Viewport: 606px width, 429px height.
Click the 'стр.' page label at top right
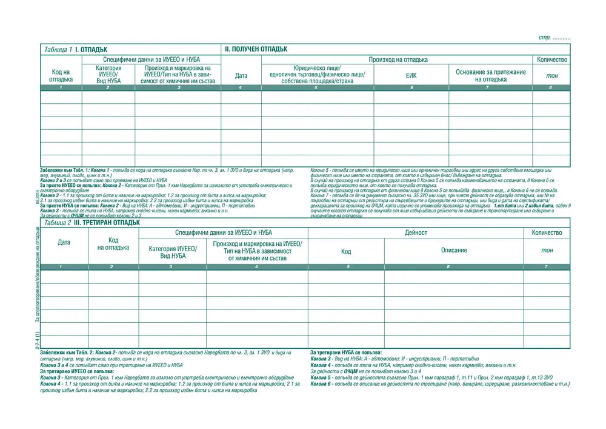click(545, 38)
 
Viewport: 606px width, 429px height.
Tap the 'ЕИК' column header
click(411, 76)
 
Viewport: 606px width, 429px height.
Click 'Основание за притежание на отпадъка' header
click(490, 76)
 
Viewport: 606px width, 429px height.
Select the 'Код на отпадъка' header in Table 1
click(61, 76)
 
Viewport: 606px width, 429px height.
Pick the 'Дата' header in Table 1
click(241, 76)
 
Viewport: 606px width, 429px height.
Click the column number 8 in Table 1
click(551, 89)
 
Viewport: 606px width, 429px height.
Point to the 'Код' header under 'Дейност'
click(346, 251)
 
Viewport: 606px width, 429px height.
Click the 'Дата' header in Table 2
click(64, 243)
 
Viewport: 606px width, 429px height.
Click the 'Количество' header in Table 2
click(547, 232)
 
